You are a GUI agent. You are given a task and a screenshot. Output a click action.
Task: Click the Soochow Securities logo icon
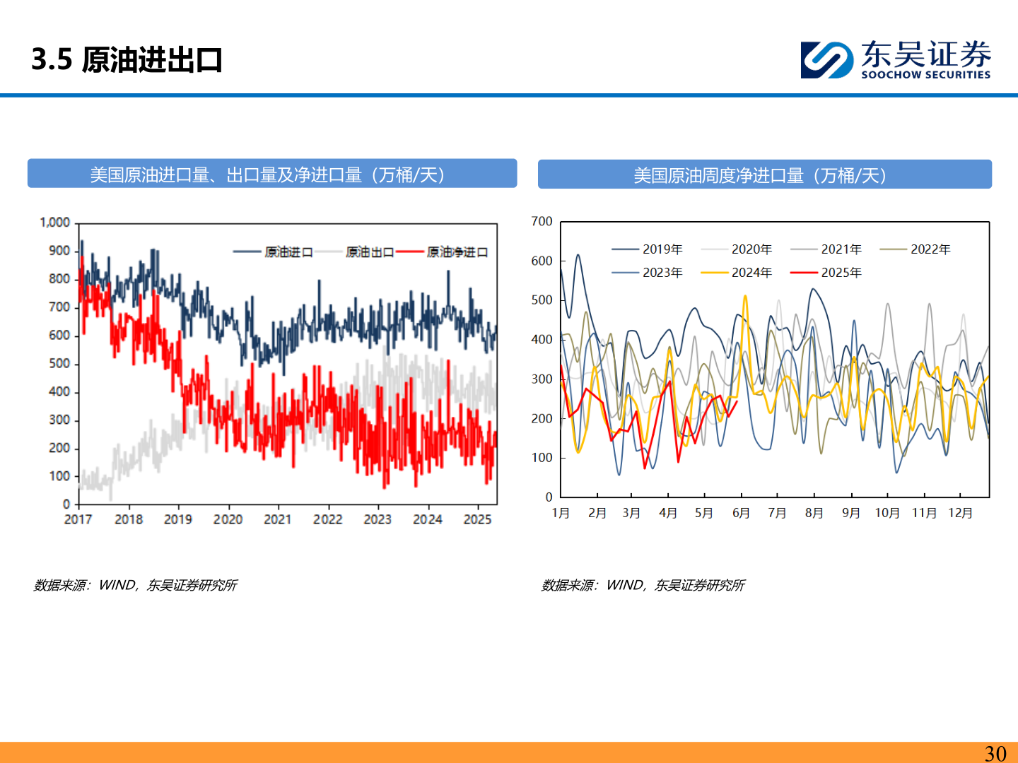click(826, 60)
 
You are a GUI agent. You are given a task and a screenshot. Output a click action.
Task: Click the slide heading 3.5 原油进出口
click(127, 60)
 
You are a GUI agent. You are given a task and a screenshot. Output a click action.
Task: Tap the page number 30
click(995, 753)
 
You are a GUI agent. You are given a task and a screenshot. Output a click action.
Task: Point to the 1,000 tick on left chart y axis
click(54, 223)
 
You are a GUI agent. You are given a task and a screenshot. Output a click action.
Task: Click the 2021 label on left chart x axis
click(277, 519)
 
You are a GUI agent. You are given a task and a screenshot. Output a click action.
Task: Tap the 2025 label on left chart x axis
click(477, 519)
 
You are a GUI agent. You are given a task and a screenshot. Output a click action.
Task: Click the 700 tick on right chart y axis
click(542, 222)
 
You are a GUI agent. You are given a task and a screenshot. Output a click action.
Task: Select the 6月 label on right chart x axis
click(741, 513)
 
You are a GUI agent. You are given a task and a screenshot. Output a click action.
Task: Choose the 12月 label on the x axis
click(960, 513)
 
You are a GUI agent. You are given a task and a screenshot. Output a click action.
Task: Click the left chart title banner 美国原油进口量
click(272, 175)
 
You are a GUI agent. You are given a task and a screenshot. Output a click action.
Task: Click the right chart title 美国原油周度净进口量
click(764, 175)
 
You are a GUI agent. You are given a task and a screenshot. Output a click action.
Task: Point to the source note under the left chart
click(135, 585)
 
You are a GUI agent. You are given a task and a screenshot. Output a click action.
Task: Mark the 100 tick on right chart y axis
click(542, 458)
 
